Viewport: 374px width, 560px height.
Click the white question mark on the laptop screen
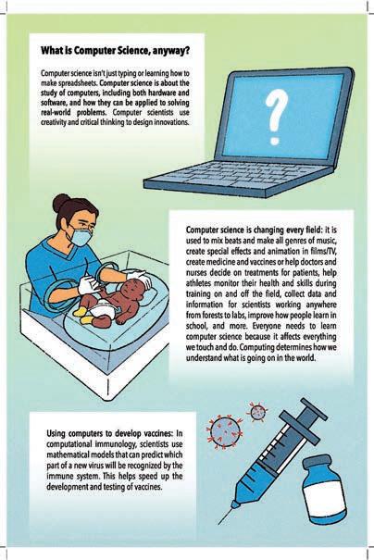pos(276,116)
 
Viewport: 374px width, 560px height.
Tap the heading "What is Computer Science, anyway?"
pos(115,51)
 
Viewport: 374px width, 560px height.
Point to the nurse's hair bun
pos(61,203)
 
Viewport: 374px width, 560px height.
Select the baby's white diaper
pos(101,309)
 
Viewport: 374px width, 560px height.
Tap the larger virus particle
pos(224,432)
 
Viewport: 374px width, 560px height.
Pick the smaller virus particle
pos(257,412)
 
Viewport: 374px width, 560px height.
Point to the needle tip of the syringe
pos(219,523)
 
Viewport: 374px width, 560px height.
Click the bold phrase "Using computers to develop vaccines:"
pos(109,433)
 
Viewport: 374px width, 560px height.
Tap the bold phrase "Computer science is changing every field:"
pos(255,230)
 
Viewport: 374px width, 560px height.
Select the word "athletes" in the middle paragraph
pos(198,283)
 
